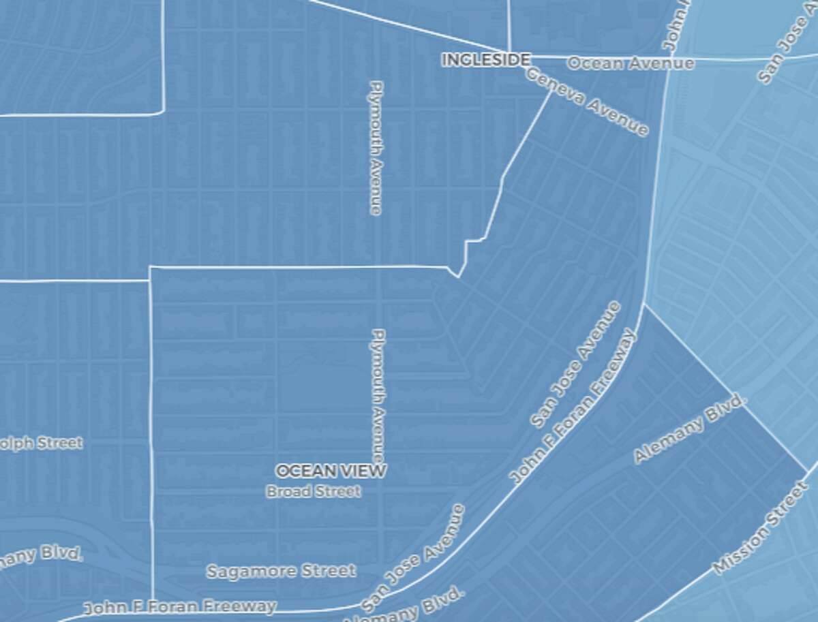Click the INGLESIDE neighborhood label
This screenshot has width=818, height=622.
(485, 60)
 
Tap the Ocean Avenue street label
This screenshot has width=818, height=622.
(631, 63)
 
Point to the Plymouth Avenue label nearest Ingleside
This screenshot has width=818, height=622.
(376, 148)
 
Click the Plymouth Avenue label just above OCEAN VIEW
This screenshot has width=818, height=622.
(378, 396)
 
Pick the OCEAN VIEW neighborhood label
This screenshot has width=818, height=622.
(331, 470)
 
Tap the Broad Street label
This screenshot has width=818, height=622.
(314, 491)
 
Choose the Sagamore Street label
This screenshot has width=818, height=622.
(281, 571)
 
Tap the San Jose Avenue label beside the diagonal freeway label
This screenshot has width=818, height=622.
(576, 364)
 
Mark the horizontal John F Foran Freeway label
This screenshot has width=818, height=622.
(179, 606)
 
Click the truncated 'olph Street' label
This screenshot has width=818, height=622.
(41, 444)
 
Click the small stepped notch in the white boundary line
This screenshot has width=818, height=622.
(474, 241)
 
